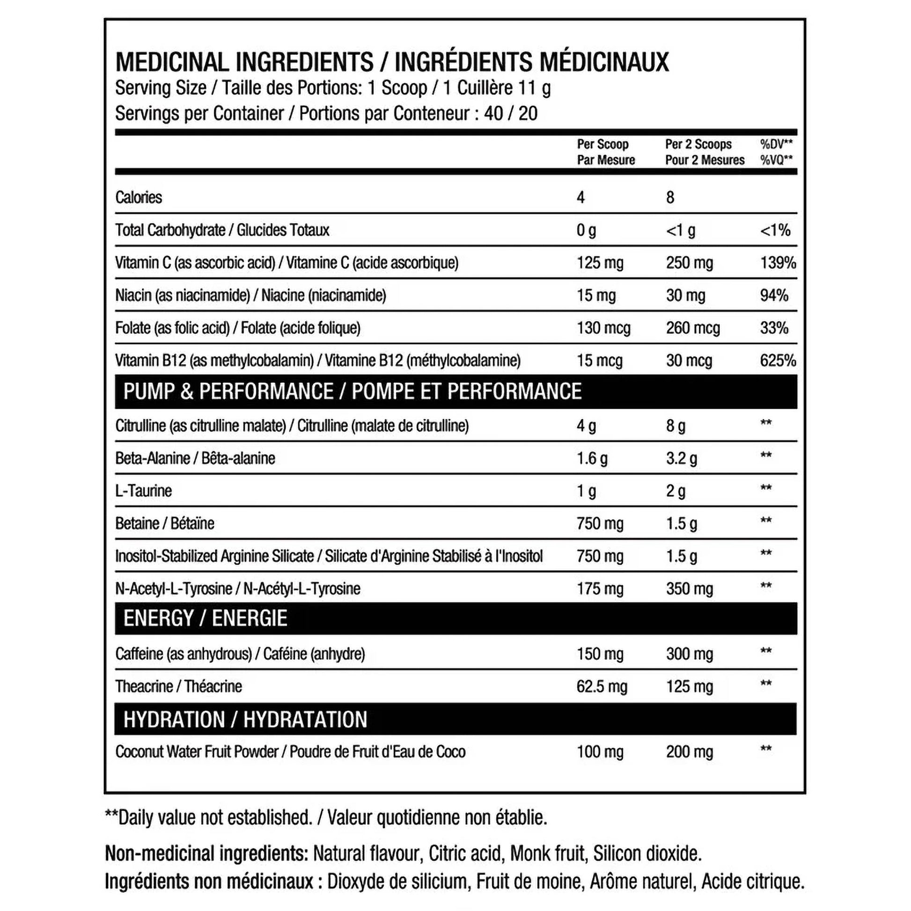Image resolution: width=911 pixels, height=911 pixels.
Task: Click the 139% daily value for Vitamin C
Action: [778, 263]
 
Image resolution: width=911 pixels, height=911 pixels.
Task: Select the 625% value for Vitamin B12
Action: [778, 361]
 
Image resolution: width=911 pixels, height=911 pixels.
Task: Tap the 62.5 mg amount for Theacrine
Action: [602, 687]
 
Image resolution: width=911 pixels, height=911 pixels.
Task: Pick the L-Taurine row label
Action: [143, 491]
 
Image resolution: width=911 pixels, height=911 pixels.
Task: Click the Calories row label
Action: [139, 198]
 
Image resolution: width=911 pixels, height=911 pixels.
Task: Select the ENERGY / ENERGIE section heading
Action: [205, 618]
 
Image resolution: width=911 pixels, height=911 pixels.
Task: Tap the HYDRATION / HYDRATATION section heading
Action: [245, 720]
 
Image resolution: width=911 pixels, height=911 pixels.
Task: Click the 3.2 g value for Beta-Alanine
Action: [681, 458]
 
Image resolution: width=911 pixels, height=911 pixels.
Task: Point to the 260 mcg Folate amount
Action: [693, 328]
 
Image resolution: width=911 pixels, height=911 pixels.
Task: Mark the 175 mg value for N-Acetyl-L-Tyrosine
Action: [600, 589]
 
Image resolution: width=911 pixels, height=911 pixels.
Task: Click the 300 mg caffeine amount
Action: [690, 654]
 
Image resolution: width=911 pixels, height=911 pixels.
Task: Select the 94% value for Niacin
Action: [774, 296]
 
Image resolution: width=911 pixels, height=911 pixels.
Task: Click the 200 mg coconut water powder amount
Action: [690, 752]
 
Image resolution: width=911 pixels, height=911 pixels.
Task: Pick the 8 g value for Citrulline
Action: [675, 426]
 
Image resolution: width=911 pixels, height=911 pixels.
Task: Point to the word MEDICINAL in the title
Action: [172, 62]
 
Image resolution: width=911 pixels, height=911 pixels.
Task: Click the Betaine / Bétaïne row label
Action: [165, 523]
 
